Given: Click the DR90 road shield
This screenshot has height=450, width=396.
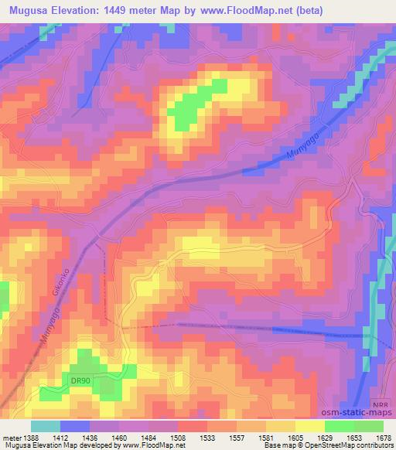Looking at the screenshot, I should click(x=81, y=380).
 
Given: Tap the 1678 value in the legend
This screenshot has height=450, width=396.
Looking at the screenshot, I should click(x=384, y=438).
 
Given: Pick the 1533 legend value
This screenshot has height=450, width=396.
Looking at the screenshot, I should click(x=207, y=438).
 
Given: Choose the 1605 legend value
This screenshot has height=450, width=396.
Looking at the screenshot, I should click(x=295, y=438).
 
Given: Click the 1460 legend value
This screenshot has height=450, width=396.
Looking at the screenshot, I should click(x=119, y=438).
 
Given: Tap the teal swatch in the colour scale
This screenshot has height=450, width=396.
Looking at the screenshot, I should click(x=45, y=426).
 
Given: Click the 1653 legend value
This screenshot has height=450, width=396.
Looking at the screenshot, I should click(x=354, y=438).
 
